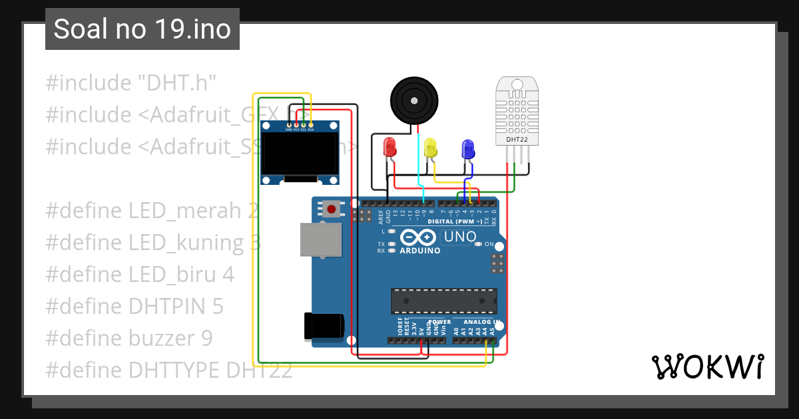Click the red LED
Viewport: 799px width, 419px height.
[390, 147]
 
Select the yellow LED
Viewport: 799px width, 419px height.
[431, 148]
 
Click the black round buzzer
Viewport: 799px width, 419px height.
[414, 100]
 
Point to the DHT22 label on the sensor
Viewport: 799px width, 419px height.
[517, 140]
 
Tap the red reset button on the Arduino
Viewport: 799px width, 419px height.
[331, 209]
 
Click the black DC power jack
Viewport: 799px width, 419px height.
[324, 325]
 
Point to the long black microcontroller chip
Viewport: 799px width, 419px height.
[443, 301]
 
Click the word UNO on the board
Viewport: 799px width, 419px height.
[460, 237]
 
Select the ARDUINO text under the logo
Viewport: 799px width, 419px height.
[419, 251]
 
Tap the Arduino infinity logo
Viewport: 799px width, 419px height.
[419, 237]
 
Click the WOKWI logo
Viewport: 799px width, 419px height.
[706, 366]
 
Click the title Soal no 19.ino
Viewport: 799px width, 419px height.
[142, 29]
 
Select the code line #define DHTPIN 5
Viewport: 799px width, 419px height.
[134, 306]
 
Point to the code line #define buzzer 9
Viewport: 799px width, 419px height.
[129, 338]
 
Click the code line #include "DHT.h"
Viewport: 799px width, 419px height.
[131, 83]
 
